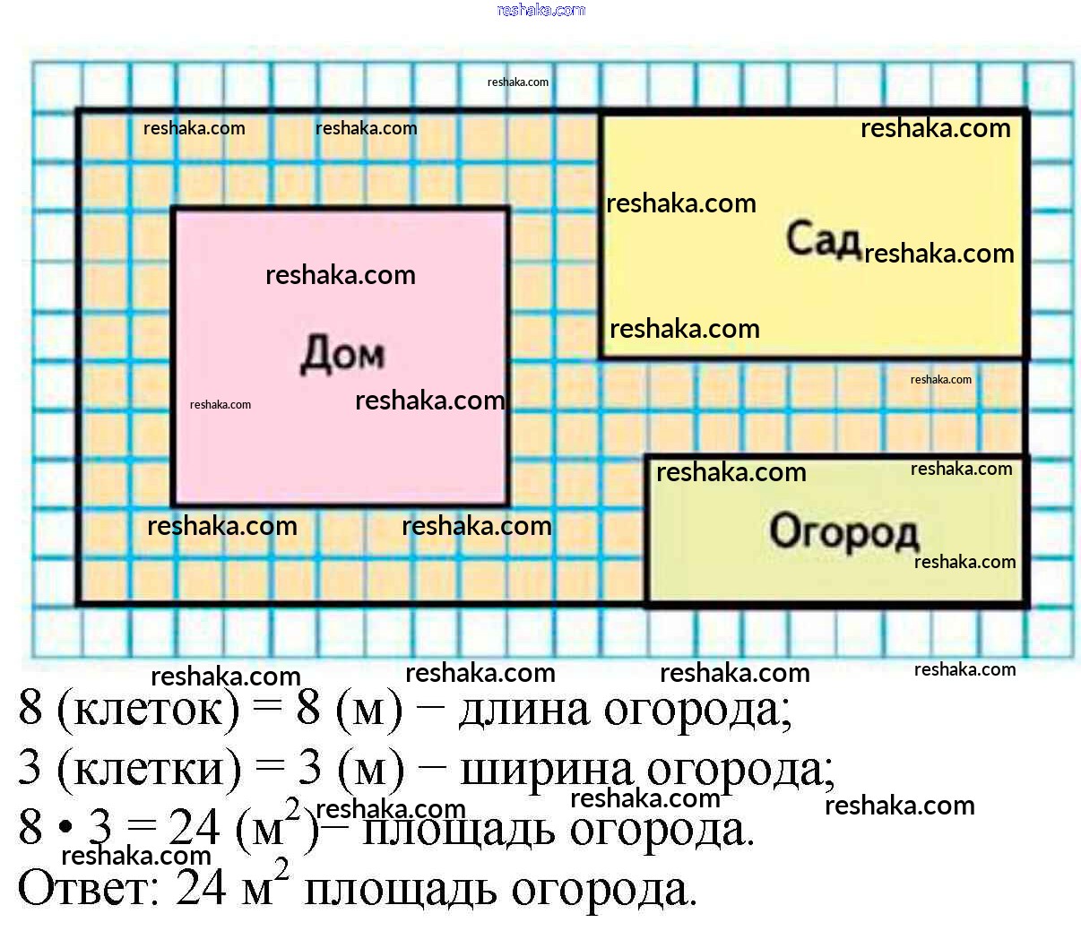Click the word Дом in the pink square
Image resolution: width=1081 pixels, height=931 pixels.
[x=342, y=354]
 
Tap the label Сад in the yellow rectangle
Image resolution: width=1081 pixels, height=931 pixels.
[x=824, y=239]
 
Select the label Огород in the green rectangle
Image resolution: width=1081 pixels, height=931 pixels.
[x=844, y=531]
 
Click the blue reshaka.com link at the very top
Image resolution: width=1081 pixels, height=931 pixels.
[x=540, y=10]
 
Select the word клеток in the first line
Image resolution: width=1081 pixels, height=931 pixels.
[x=148, y=711]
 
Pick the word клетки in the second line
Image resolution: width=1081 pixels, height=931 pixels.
[x=149, y=770]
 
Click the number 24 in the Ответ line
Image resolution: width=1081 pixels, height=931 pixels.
[x=202, y=888]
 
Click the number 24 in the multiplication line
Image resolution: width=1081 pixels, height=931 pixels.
[x=194, y=828]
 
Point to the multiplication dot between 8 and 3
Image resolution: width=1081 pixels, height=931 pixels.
[x=65, y=829]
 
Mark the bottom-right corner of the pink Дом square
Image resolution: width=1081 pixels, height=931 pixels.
[x=508, y=505]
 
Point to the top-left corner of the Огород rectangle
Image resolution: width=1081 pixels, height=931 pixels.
[x=647, y=457]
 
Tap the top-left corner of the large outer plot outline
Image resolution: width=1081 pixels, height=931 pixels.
[x=79, y=111]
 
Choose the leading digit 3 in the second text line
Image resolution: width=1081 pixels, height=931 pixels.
[x=30, y=769]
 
